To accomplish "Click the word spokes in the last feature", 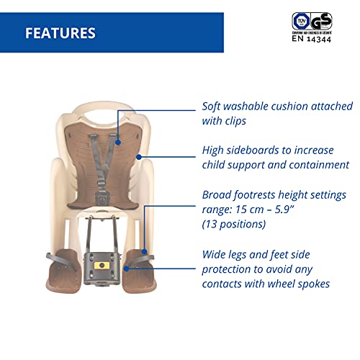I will click(310, 284).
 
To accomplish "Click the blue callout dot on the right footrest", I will click(129, 267).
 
